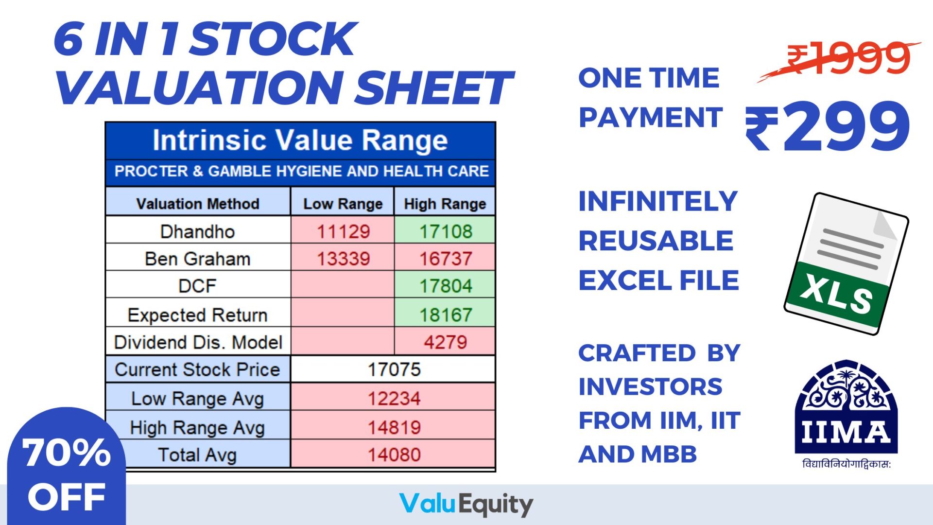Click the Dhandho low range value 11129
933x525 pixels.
click(x=343, y=231)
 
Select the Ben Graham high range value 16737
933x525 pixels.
click(x=445, y=259)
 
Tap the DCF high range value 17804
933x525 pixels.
click(x=445, y=286)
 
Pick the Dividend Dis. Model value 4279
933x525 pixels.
click(x=445, y=342)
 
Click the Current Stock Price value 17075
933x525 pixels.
click(x=394, y=369)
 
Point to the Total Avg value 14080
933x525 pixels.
click(x=394, y=455)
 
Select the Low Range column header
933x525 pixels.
click(x=343, y=204)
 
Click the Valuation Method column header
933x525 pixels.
click(x=197, y=204)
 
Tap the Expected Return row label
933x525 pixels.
click(x=197, y=315)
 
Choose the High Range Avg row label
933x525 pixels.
click(x=197, y=428)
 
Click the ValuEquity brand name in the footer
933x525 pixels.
click(x=466, y=505)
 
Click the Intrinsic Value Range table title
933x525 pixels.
click(x=300, y=140)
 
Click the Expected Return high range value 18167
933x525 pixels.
click(x=445, y=315)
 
